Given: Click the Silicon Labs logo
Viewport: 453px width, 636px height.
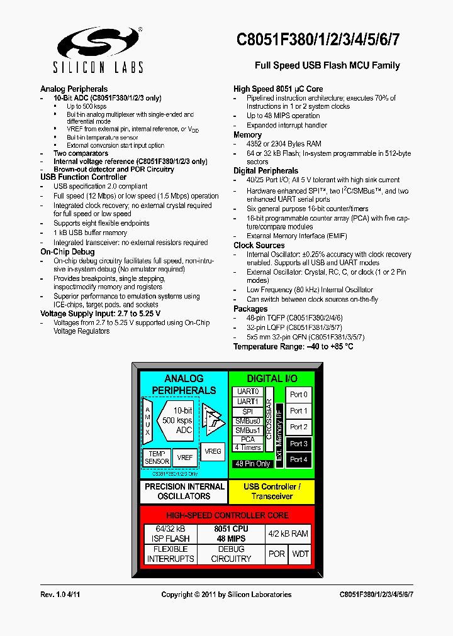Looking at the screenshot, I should point(100,50).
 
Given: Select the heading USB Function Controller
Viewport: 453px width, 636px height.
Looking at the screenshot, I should point(83,177).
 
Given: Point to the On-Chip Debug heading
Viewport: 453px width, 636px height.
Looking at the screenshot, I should point(67,252).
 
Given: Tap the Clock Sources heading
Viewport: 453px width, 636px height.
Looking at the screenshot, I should point(259,245).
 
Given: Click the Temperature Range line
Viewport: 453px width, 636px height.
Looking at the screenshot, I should point(293,346).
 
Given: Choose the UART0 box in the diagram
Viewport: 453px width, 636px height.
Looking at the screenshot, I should point(248,392).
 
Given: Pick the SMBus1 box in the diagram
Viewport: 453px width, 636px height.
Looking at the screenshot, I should point(248,430).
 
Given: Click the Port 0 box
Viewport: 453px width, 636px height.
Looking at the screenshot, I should point(299,395).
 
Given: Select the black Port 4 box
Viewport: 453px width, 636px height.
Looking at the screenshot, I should point(299,459).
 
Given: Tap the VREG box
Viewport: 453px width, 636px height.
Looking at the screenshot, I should point(213,451).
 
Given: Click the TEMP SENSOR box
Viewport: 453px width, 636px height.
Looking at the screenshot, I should point(157,458).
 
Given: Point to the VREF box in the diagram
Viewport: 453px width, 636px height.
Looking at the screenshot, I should point(185,458).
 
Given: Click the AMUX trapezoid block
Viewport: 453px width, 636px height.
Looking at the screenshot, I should point(148,420).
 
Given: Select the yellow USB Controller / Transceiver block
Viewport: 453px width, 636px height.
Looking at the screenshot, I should point(272,491).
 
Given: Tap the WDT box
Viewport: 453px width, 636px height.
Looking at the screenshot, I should point(301,554).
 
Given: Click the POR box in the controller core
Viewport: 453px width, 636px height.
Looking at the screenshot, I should point(277,554).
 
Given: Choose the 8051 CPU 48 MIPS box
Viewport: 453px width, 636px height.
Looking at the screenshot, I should point(231,534).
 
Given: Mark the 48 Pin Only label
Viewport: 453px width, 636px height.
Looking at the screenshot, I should point(252,464).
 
